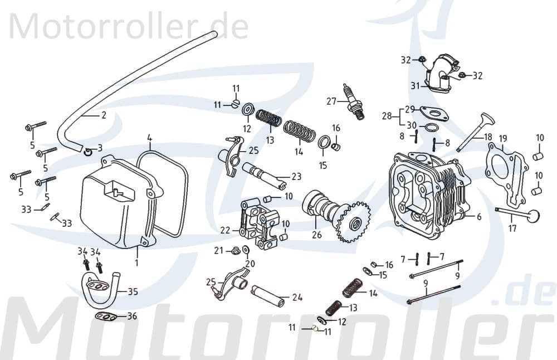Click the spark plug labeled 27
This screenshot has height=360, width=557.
pos(354,103)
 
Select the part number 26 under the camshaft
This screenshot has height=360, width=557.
pos(317,235)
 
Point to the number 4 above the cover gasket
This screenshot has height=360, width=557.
pos(149,137)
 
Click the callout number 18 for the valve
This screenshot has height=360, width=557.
pos(488,137)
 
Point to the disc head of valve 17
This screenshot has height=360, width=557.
pos(535,216)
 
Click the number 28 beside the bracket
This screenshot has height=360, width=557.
pos(387,116)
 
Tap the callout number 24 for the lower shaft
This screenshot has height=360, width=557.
pos(297,298)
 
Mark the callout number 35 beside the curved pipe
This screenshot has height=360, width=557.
pos(133,291)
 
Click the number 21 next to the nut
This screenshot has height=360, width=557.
pos(218,250)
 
